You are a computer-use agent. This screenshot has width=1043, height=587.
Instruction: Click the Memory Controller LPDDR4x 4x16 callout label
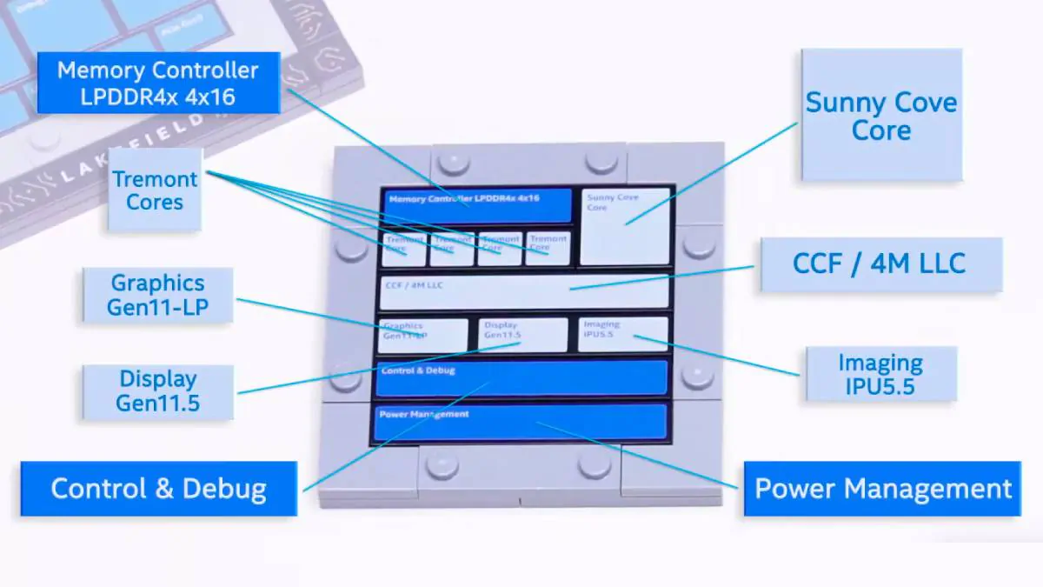[158, 83]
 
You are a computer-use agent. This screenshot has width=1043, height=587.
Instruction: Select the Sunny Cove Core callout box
[880, 116]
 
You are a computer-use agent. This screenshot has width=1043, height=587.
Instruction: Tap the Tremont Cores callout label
[156, 190]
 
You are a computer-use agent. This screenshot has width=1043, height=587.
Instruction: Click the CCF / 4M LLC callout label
[880, 263]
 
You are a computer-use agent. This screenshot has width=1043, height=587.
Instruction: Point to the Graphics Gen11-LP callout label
[157, 295]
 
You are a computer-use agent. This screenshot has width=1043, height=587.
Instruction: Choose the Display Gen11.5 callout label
[157, 391]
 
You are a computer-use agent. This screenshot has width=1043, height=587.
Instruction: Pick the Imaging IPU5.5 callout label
[880, 374]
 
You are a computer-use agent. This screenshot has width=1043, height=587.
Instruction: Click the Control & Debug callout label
[158, 488]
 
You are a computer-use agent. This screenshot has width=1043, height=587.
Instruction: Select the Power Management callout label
[882, 488]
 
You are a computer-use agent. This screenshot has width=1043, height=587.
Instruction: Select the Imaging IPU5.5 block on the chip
[623, 334]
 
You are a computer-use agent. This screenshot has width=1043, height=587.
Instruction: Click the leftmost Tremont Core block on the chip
[404, 249]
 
